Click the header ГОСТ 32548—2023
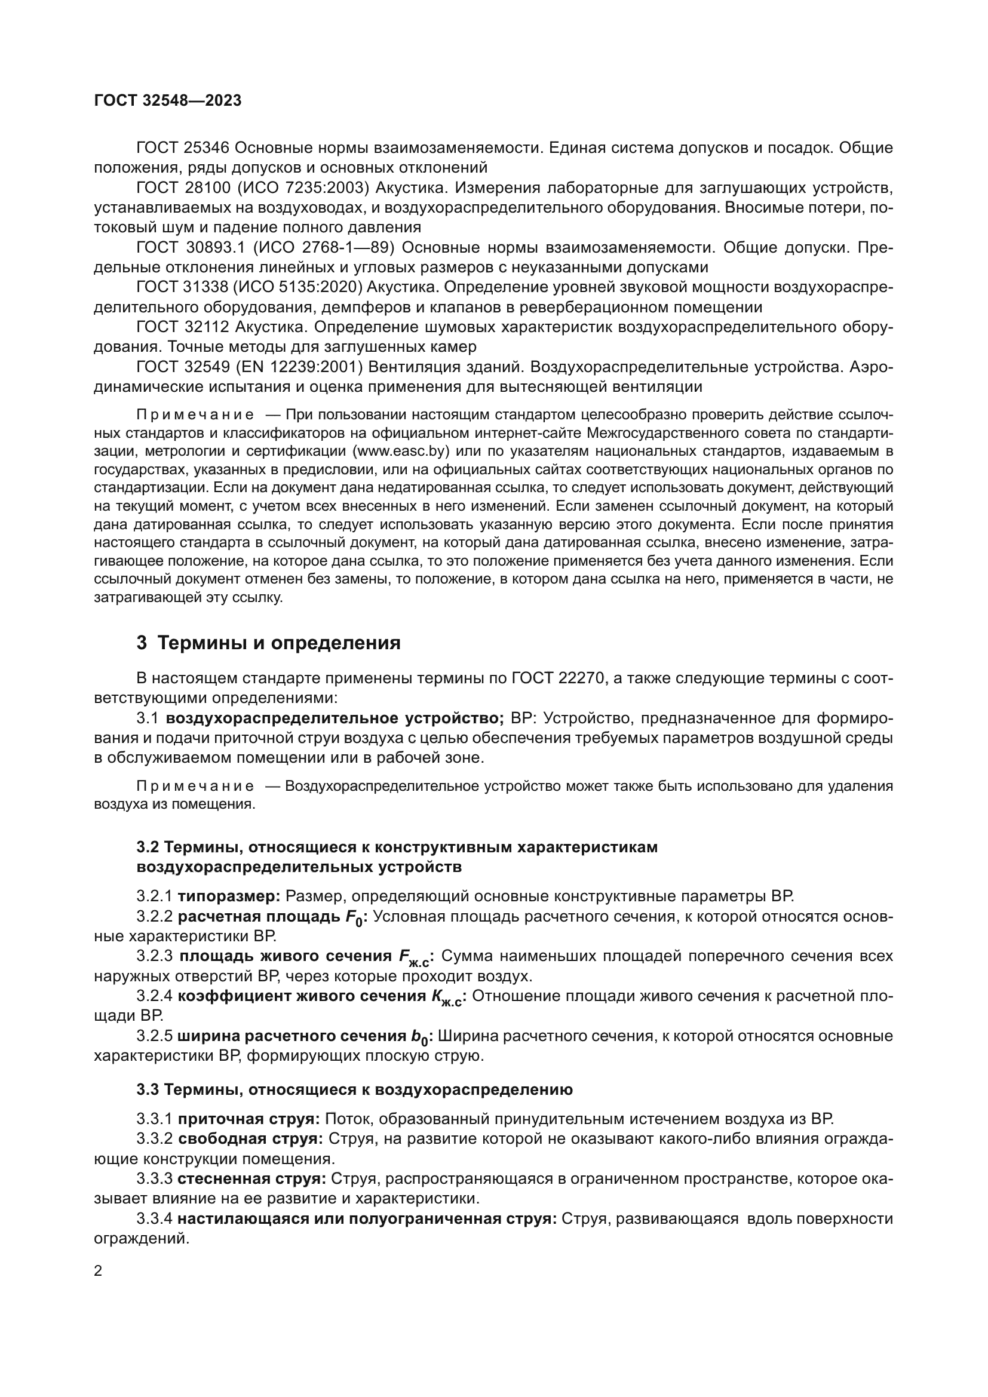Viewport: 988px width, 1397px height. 168,101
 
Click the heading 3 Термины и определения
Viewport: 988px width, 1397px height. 268,643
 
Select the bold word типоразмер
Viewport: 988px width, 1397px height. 228,896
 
